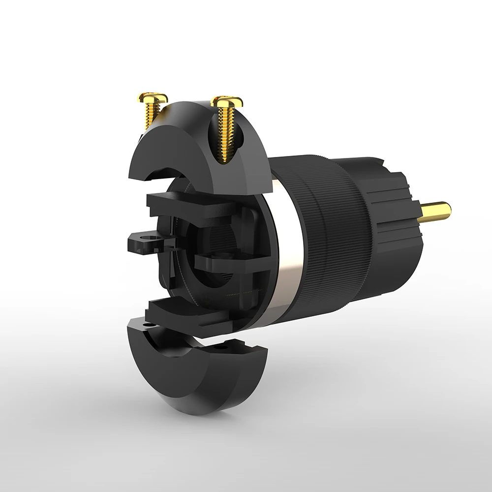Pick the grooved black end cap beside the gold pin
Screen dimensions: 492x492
click(x=394, y=207)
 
